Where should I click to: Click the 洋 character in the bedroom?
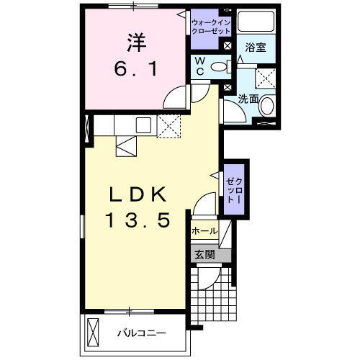click(134, 42)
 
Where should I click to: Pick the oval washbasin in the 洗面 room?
click(267, 107)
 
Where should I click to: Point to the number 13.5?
click(140, 220)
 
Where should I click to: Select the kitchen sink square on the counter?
click(141, 125)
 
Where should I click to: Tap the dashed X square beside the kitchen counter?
click(170, 125)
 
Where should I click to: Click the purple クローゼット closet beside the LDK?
click(234, 189)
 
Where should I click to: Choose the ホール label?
click(205, 231)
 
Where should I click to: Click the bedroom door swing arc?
click(174, 97)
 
